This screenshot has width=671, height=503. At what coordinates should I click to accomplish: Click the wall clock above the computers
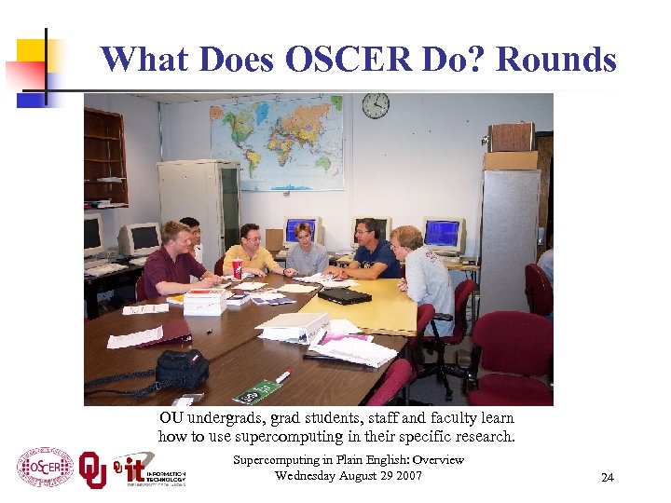376,105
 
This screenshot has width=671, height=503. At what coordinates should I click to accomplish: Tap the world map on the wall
276,143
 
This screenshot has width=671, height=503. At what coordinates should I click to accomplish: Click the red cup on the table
237,268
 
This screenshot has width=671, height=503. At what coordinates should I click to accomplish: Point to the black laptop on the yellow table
343,295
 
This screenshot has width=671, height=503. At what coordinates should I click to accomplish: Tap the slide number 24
608,478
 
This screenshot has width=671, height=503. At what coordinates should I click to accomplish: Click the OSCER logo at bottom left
45,468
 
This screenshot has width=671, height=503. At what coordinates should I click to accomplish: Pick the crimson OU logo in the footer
93,468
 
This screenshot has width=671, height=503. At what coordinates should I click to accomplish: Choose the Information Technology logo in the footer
149,469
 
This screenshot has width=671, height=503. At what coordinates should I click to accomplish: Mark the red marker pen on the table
282,376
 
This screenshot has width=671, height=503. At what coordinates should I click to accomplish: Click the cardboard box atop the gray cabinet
512,138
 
